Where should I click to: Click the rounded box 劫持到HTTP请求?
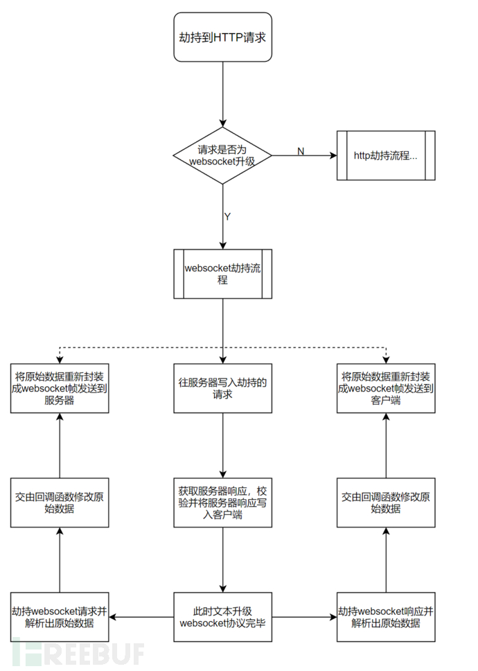(222, 37)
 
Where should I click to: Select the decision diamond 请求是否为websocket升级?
(222, 155)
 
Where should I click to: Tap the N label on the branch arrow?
(301, 151)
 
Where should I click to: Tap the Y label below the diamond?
(227, 216)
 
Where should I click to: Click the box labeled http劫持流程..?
(386, 155)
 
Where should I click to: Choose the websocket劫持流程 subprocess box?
(222, 274)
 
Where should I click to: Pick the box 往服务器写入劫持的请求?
(222, 387)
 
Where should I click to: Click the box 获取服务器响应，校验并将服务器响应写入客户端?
(222, 502)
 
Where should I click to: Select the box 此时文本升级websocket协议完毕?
(222, 616)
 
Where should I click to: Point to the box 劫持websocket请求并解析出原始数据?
(60, 616)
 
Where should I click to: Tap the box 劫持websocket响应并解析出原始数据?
(386, 616)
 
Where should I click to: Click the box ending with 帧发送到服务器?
(60, 387)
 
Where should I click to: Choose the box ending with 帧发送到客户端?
(386, 387)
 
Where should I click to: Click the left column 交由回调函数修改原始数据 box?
(60, 502)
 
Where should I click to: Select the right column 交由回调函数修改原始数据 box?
(386, 502)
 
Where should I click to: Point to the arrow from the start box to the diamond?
(222, 94)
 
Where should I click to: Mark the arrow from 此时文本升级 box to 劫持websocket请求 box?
(141, 616)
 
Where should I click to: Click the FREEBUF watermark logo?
(76, 654)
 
